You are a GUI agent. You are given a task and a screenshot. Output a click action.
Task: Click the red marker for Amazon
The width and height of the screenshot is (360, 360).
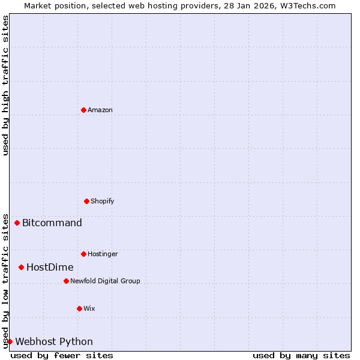coord(83,110)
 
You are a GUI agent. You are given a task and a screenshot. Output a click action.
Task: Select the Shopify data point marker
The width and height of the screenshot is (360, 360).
coord(86,201)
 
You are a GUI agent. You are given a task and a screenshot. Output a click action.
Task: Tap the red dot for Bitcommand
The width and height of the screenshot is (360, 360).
coord(17,223)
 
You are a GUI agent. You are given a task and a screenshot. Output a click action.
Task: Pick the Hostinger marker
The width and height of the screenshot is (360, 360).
coord(83,254)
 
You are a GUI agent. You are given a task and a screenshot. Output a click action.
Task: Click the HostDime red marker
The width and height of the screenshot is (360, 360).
coord(21,267)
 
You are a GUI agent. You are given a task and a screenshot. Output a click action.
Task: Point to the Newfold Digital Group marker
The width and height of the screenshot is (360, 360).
coord(66,281)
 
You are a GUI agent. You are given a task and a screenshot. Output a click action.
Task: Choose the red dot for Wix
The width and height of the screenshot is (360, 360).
coord(79,308)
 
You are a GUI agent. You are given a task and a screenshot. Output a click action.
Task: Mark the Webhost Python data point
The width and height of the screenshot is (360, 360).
coord(10,341)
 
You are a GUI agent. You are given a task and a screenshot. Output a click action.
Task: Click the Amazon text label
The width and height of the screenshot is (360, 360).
coord(100,110)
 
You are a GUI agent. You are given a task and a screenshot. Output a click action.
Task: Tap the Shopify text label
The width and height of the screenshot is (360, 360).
coord(103,201)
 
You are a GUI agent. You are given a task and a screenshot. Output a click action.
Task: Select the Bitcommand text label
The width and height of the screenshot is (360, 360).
coord(52,223)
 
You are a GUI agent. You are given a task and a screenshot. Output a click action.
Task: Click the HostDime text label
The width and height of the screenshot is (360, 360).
coord(50,268)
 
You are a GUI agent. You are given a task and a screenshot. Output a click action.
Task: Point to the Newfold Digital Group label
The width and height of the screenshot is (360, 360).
coord(105,281)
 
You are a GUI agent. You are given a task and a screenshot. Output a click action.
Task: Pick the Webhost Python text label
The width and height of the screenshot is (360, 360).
coord(54,342)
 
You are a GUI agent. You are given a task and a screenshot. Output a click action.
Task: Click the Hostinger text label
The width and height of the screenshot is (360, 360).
coord(103,254)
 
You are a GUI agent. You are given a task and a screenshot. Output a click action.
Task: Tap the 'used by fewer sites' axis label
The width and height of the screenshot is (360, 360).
coord(62,355)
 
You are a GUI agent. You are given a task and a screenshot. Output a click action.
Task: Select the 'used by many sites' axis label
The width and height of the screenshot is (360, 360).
coord(301,355)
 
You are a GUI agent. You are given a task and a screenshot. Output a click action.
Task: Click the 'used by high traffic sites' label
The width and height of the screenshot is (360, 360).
coord(5,86)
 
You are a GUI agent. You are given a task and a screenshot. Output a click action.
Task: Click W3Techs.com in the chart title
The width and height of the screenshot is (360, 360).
coord(306,5)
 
